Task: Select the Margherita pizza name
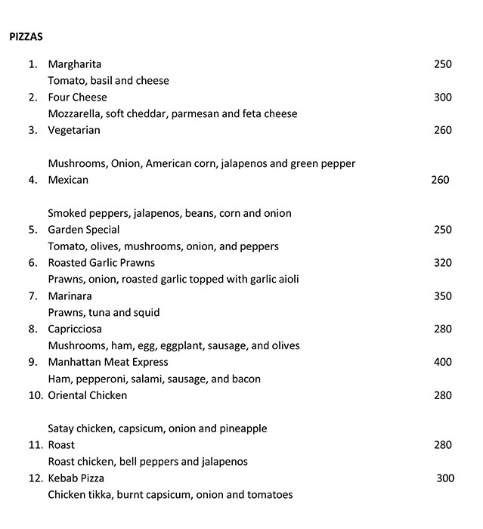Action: tap(74, 64)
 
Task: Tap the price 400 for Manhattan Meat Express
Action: tap(442, 363)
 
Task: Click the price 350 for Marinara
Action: tap(442, 296)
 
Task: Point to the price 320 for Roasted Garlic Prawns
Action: tap(442, 263)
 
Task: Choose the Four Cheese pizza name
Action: tap(77, 97)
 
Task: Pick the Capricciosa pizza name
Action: tap(75, 329)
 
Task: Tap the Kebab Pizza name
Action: tap(76, 478)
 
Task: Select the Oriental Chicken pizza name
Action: tap(87, 395)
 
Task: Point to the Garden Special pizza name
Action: tap(83, 230)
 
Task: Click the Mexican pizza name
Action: tap(68, 180)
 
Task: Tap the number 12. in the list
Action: tap(36, 478)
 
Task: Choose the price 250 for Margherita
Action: tap(442, 64)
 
